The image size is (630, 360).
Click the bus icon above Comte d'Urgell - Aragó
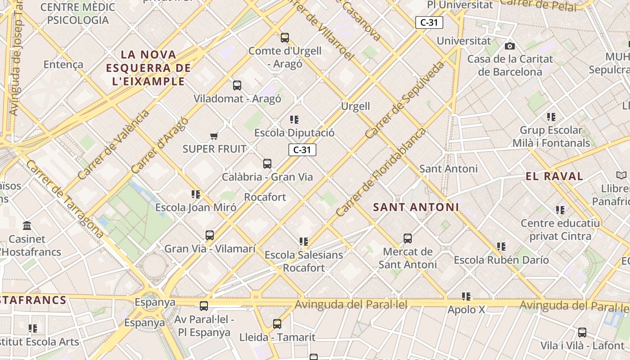click(x=284, y=38)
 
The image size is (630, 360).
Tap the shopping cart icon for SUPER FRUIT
click(x=214, y=136)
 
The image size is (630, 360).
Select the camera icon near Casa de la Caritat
click(x=509, y=46)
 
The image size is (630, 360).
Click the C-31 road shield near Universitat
click(x=429, y=22)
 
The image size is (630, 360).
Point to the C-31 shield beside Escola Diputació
click(x=302, y=150)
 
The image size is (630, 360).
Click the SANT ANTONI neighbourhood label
click(x=416, y=207)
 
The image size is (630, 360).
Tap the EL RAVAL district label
click(x=554, y=176)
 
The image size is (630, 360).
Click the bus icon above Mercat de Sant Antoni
click(x=407, y=238)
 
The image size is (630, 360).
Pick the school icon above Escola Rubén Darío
click(x=501, y=247)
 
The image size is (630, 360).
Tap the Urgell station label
click(x=355, y=106)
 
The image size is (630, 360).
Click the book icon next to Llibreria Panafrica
click(x=621, y=175)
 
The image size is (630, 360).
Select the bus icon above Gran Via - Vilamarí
click(x=210, y=235)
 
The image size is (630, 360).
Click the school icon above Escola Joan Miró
click(x=195, y=194)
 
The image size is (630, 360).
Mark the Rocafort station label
click(x=265, y=197)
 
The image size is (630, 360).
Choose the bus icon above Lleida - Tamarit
click(x=277, y=324)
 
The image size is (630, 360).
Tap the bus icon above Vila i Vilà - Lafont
click(x=582, y=333)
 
